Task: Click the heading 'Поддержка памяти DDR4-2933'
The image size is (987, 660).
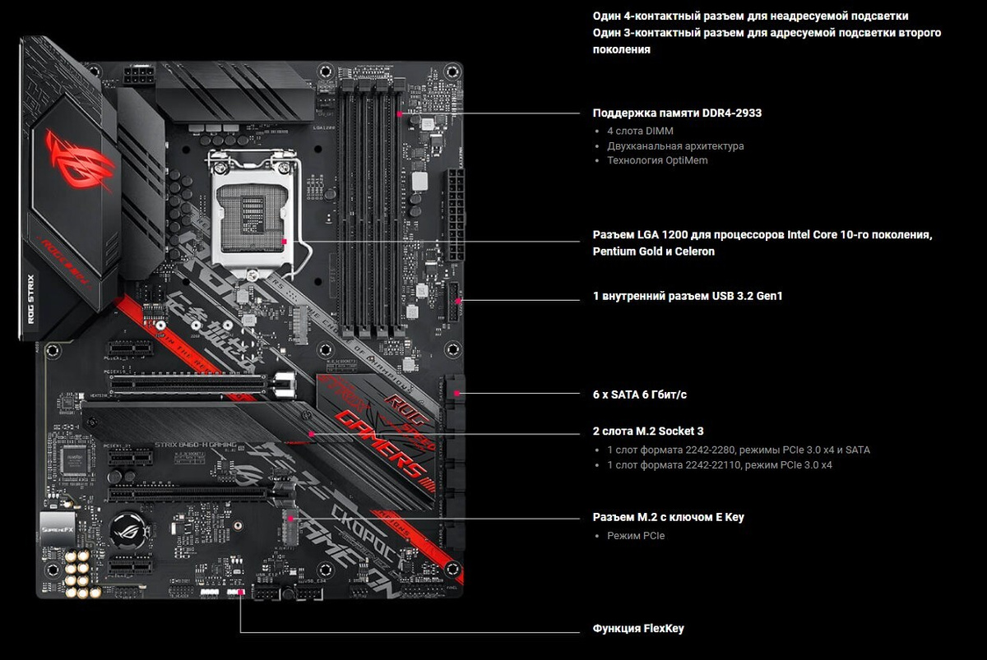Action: click(x=677, y=113)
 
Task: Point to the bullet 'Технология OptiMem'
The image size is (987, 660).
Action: click(x=657, y=160)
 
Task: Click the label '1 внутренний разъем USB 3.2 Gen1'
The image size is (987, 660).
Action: click(x=688, y=295)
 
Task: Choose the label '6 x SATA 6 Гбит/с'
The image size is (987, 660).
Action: click(x=640, y=395)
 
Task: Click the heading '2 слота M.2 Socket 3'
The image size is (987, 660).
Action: click(x=648, y=431)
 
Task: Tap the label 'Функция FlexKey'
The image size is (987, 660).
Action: click(x=638, y=629)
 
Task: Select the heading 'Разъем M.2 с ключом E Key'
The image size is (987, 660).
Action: click(x=668, y=517)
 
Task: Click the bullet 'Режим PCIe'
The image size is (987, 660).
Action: click(x=636, y=536)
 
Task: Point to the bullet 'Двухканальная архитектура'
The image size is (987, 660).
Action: click(x=675, y=145)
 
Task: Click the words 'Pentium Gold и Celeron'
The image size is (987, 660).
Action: click(x=654, y=252)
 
